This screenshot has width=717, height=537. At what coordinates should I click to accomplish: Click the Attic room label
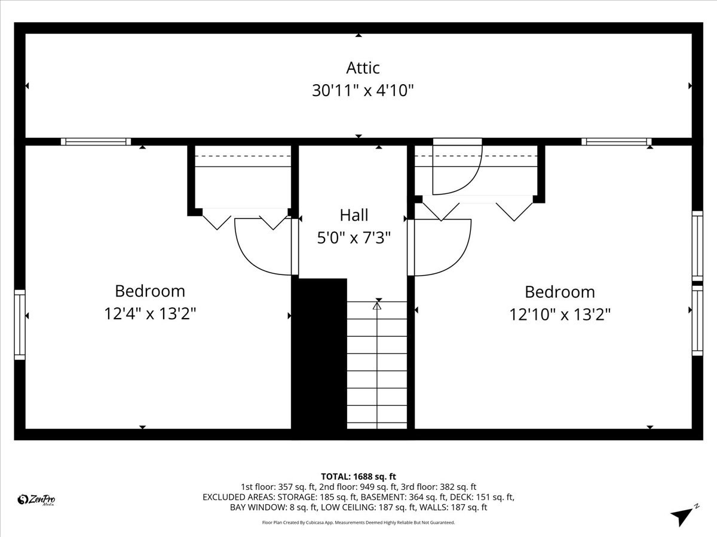363,67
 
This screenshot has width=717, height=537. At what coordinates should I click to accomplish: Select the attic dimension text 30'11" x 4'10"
363,91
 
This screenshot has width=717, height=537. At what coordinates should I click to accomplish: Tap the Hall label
354,215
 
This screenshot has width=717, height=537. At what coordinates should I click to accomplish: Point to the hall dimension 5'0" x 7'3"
354,238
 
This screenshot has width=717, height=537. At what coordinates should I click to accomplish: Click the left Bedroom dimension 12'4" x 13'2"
150,313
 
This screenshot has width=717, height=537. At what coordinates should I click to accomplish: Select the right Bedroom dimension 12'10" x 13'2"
560,314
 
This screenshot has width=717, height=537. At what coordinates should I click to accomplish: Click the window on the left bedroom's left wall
20,325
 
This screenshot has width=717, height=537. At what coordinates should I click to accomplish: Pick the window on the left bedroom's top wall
96,141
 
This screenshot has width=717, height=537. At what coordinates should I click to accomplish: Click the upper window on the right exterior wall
697,245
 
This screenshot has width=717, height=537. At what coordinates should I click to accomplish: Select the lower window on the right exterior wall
697,320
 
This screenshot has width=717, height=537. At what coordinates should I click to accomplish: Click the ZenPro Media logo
37,500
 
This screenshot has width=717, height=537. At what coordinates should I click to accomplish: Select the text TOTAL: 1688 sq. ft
358,476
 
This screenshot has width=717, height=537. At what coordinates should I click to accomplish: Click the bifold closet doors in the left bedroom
246,218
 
